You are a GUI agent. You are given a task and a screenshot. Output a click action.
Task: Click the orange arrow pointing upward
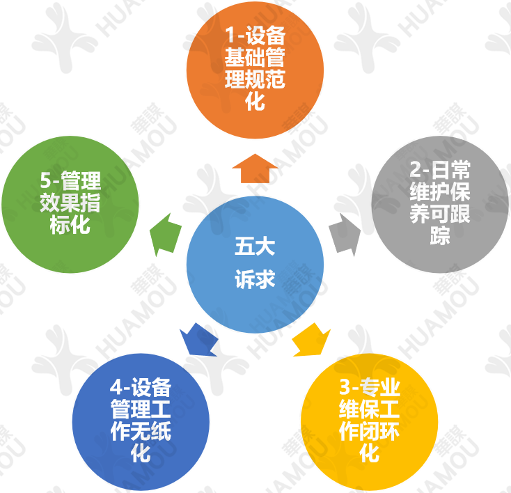pos(255,168)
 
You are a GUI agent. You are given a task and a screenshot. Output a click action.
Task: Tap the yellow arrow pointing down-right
pos(310,340)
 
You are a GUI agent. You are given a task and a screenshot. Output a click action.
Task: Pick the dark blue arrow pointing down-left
pos(198,340)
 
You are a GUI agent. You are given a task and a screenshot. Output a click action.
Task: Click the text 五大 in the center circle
pos(255,247)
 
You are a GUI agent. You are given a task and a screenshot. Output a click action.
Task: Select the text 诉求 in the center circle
pos(255,279)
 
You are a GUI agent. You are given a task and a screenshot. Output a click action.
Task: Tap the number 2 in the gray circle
pos(415,171)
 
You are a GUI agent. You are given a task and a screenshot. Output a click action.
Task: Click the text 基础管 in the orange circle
pos(255,57)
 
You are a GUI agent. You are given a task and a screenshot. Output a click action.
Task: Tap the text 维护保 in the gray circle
pos(439,192)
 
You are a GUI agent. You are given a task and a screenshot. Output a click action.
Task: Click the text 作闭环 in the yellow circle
pos(369,432)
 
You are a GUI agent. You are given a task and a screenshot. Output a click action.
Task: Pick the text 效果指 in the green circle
pos(70,204)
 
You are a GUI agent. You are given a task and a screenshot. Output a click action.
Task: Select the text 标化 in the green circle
pos(70,226)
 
